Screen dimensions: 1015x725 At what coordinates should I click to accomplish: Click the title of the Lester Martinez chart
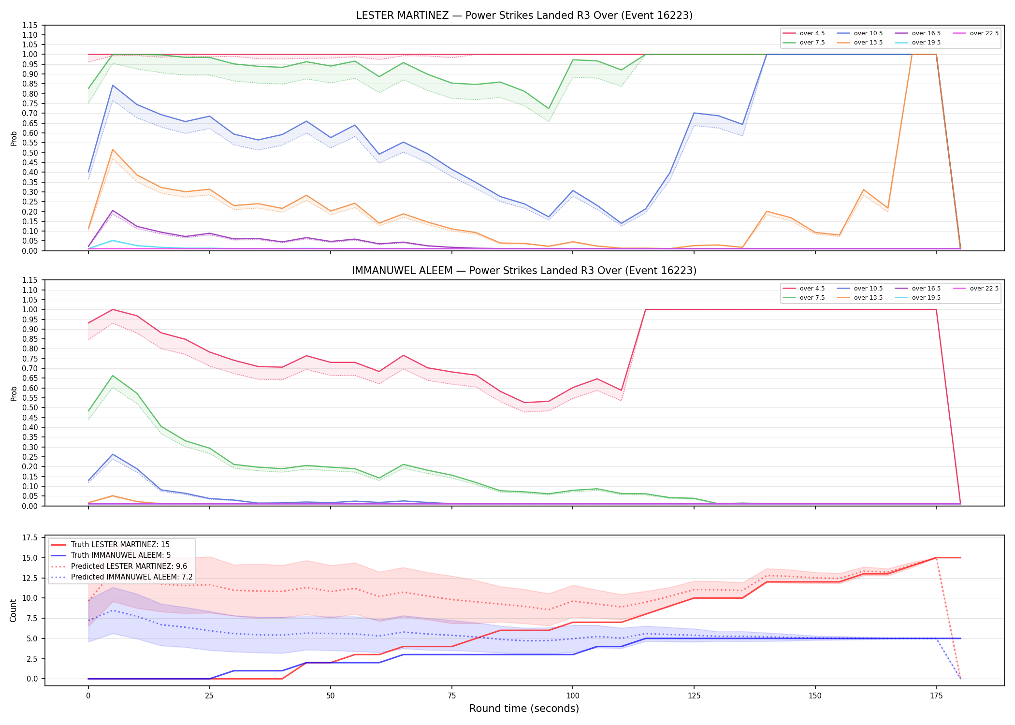coord(524,15)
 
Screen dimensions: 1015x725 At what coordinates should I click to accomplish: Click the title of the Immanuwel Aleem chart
coord(524,271)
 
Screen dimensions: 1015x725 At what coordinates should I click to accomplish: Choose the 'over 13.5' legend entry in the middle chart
coord(860,298)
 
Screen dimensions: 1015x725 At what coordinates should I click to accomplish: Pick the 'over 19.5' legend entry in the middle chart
coord(918,298)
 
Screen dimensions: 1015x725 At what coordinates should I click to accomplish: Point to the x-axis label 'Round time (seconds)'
coord(524,709)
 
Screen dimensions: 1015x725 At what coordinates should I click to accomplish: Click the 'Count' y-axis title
coord(13,610)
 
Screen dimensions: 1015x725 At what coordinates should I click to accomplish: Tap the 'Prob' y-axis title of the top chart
coord(14,139)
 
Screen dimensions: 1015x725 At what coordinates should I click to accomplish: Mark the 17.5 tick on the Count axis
coord(30,538)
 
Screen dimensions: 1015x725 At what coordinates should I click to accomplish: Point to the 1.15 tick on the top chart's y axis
coord(30,25)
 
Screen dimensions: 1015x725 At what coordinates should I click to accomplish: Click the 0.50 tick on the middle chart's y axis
coord(30,408)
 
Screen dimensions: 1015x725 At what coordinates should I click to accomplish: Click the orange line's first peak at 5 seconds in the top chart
coord(113,150)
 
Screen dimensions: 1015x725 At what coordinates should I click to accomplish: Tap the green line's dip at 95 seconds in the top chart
coord(549,109)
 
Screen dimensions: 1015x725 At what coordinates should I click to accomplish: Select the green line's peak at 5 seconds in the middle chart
coord(113,376)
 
